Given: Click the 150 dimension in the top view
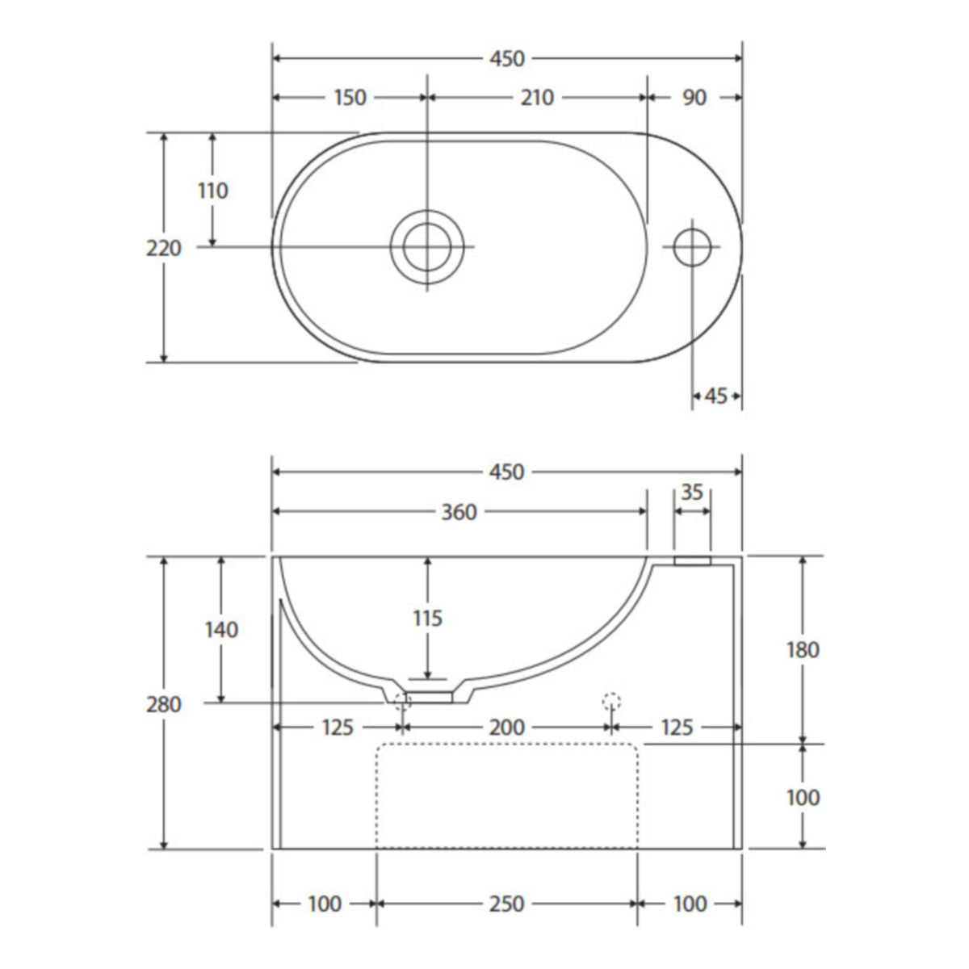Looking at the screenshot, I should click(349, 98).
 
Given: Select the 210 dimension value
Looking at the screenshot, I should click(536, 98).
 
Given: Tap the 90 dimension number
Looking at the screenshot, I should click(694, 98).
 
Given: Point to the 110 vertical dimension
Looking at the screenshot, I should click(213, 191).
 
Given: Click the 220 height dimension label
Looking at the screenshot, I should click(164, 249).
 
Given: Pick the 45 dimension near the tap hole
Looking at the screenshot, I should click(716, 396).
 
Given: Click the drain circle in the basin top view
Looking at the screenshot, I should click(427, 246).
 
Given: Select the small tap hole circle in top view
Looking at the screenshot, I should click(692, 246).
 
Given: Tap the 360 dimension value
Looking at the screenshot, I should click(459, 512).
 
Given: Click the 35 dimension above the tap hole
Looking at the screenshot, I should click(692, 492).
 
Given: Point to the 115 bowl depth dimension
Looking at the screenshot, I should click(427, 619).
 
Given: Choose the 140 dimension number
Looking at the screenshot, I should click(220, 629).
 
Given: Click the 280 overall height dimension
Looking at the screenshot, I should click(164, 704).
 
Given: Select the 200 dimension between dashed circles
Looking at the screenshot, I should click(507, 728).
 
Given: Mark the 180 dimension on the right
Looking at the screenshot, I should click(802, 649).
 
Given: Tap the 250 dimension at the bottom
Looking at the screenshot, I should click(507, 904).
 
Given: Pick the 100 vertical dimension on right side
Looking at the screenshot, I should click(802, 797).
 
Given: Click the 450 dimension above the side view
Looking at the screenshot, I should click(507, 472).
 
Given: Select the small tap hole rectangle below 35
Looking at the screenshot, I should click(692, 560).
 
